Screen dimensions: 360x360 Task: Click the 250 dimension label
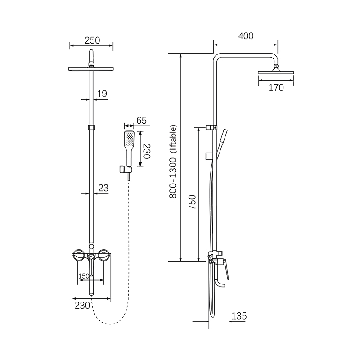(x=92, y=40)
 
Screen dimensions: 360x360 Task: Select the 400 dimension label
(x=246, y=36)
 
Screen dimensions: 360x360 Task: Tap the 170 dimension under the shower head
(x=276, y=87)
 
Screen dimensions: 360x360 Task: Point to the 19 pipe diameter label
(x=102, y=94)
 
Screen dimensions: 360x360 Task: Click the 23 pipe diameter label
(x=103, y=188)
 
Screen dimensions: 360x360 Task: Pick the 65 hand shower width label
(x=141, y=121)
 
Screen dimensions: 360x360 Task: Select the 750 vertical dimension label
(x=192, y=202)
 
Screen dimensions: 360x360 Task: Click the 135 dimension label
(x=239, y=316)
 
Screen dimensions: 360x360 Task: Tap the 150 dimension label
(x=84, y=276)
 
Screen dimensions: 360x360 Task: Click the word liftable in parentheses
(x=174, y=139)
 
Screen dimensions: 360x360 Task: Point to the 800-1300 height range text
(x=173, y=178)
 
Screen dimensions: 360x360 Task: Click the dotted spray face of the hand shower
(x=129, y=138)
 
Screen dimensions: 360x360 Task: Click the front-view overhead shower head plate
(x=91, y=69)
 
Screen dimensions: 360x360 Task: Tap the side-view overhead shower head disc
(x=276, y=72)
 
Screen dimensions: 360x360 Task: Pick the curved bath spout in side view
(x=220, y=282)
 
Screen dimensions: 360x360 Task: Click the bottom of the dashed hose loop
(x=110, y=324)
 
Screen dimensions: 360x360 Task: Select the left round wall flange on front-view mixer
(x=78, y=255)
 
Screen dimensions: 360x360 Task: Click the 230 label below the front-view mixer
(x=82, y=306)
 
